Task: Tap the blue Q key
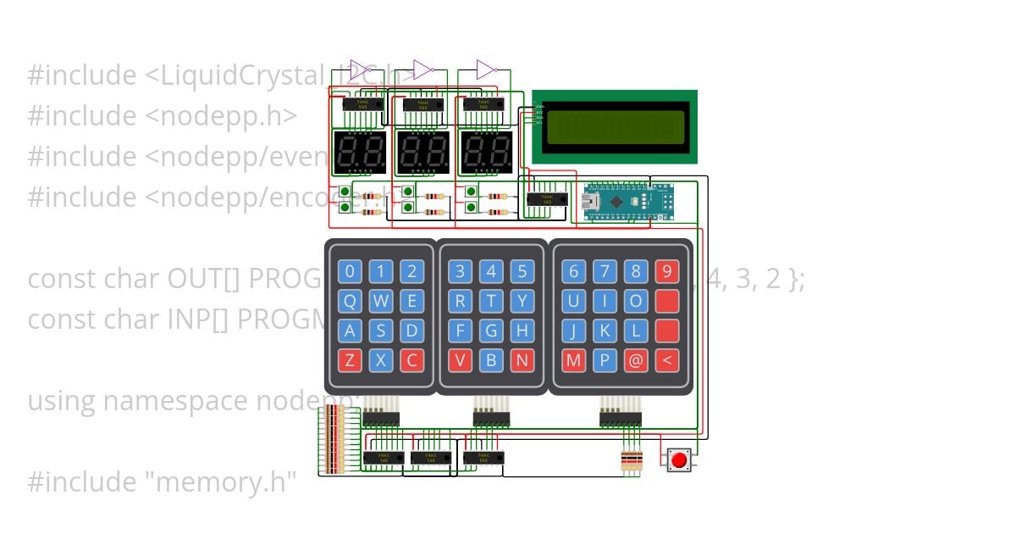[x=350, y=301]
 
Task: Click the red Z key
[x=350, y=360]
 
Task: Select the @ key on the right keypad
[x=635, y=360]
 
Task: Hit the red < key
[x=667, y=360]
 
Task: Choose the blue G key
[x=491, y=331]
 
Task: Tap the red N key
[x=522, y=360]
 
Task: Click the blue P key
[x=605, y=360]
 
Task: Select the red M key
[x=573, y=360]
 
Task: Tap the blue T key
[x=491, y=301]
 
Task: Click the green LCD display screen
[x=613, y=126]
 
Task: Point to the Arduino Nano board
[x=627, y=201]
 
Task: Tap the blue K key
[x=605, y=331]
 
